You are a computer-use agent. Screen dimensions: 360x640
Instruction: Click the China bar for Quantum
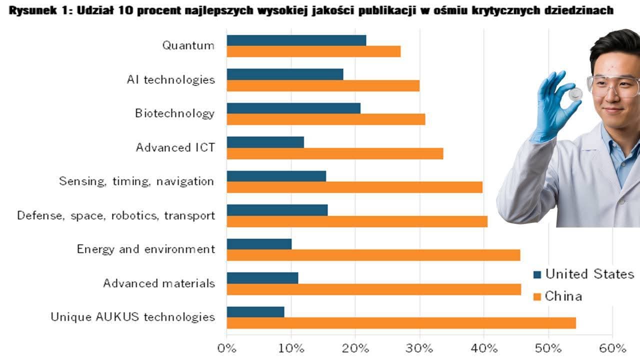point(313,51)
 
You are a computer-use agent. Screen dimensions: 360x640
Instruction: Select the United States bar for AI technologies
point(285,74)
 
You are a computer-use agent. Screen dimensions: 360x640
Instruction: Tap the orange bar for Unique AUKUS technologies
point(401,323)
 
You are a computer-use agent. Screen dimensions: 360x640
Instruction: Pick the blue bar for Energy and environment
point(259,244)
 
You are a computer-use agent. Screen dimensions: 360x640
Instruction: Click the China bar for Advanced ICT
point(335,153)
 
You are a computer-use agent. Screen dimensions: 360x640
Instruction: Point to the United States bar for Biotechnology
point(293,108)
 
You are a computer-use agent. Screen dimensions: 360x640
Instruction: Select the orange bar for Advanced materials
point(373,289)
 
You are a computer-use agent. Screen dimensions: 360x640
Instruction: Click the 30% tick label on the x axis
point(419,348)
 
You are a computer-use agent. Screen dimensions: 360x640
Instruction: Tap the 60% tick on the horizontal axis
point(612,348)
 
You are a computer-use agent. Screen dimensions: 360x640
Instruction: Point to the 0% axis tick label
point(226,348)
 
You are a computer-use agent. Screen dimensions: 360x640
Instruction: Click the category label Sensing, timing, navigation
point(136,181)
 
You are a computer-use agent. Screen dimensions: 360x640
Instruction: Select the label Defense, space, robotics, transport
point(116,215)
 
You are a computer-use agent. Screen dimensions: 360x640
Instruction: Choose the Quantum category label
point(188,45)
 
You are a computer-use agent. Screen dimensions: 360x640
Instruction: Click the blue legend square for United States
point(537,274)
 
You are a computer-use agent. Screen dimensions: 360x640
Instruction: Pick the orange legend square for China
point(537,297)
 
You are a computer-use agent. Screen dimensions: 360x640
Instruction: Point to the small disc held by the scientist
point(575,93)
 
